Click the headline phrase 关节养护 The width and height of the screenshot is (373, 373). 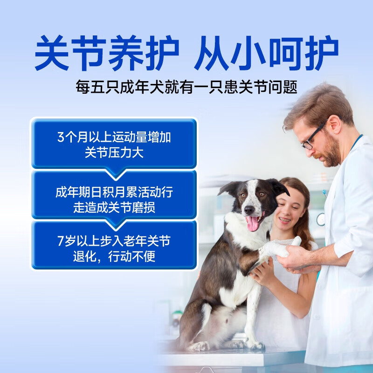tap(107, 55)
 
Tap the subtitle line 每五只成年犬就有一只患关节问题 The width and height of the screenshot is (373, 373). tap(186, 87)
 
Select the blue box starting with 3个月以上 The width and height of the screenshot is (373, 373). tap(114, 144)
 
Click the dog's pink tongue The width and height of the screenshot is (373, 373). tap(253, 223)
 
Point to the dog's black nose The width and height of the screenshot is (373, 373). tap(249, 209)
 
